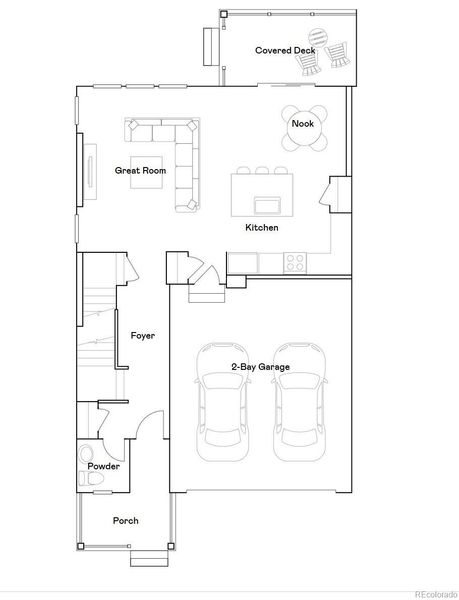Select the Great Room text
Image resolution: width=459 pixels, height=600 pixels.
(x=139, y=170)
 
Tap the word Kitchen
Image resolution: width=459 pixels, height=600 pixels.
(x=262, y=229)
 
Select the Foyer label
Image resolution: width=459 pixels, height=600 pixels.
(x=143, y=336)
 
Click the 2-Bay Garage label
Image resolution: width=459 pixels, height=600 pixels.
(x=260, y=367)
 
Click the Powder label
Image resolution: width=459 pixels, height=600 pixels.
(x=104, y=467)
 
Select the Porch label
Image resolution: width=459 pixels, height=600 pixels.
(x=125, y=521)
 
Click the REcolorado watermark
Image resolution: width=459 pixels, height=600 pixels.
(x=431, y=591)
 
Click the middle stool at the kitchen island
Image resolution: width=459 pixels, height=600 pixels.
(x=262, y=170)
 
